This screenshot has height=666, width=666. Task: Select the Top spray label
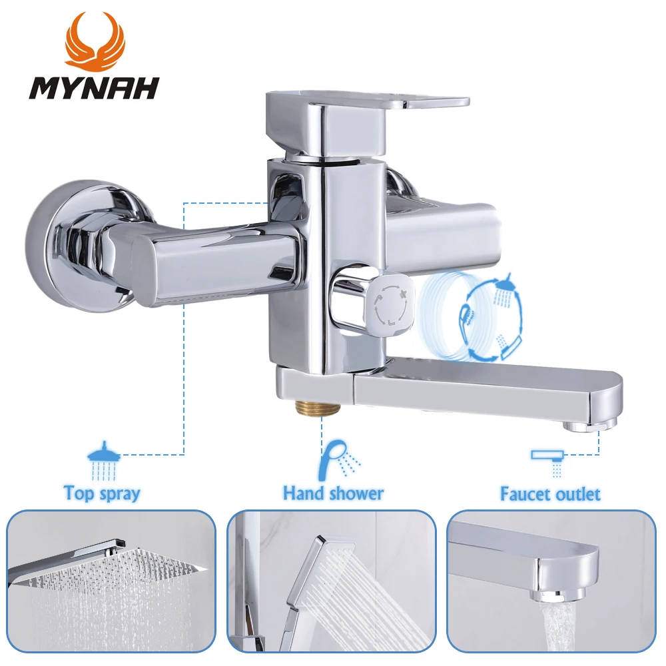click(x=102, y=494)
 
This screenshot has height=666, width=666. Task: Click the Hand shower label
click(x=333, y=494)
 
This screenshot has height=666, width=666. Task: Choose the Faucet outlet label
click(x=550, y=494)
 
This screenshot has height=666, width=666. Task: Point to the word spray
click(x=119, y=494)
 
